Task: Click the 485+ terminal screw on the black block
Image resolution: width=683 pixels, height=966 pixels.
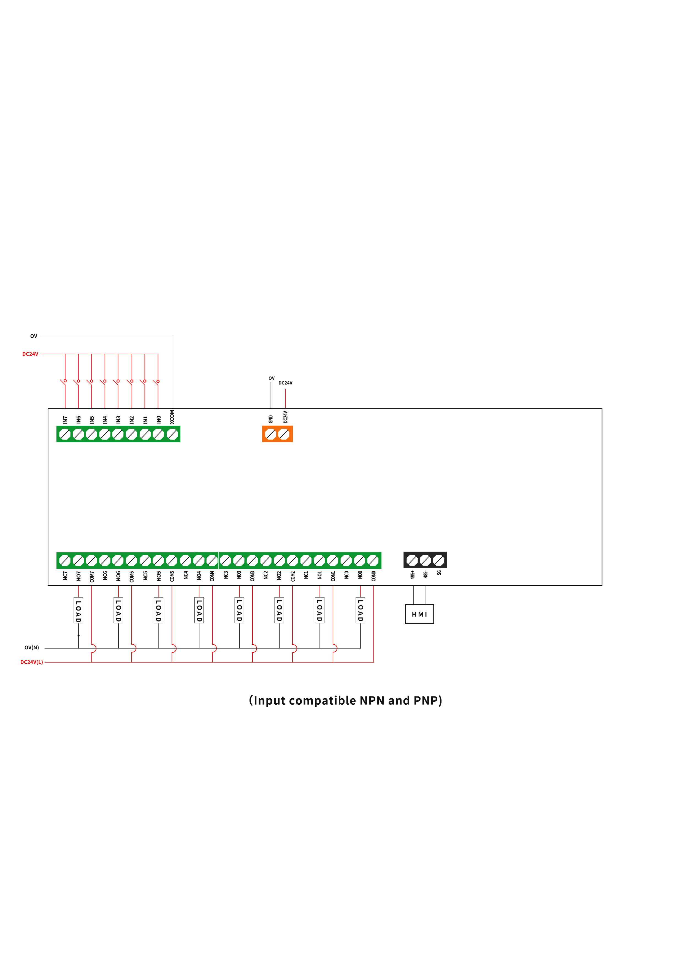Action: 412,560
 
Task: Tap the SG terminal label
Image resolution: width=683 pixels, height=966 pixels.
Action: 439,572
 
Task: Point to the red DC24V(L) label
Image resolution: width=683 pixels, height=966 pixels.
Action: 32,662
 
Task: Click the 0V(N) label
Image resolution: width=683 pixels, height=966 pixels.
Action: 32,647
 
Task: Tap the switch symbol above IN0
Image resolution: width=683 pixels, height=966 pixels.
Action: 156,382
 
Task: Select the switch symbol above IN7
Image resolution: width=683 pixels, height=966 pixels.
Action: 64,382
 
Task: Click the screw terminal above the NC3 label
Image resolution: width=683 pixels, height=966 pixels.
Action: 226,560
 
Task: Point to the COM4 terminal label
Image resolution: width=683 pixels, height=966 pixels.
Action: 212,576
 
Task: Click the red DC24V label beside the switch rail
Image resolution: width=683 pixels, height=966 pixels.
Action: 30,354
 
